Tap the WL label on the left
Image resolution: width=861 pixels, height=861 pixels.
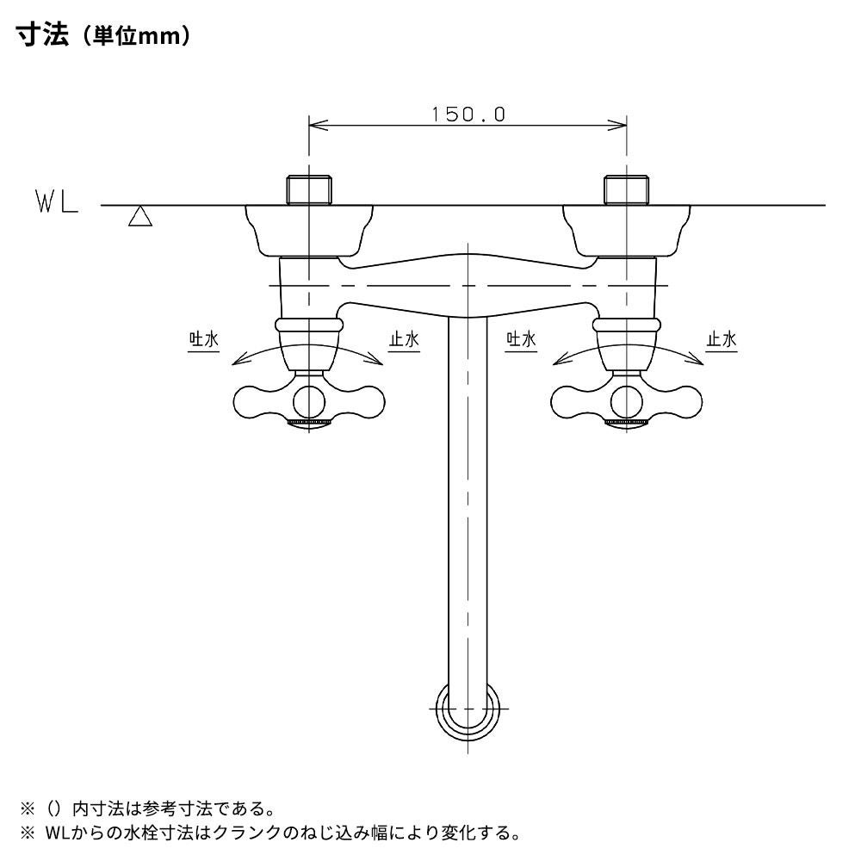click(x=57, y=204)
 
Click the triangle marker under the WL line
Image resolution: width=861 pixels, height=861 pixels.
click(x=139, y=217)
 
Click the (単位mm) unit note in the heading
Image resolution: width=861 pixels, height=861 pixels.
click(x=132, y=39)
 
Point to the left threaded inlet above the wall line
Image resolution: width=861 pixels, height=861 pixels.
click(x=309, y=189)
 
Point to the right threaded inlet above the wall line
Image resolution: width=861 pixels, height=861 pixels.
click(x=627, y=189)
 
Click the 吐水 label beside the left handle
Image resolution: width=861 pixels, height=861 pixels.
click(x=204, y=339)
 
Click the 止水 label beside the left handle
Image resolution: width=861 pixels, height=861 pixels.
click(x=403, y=339)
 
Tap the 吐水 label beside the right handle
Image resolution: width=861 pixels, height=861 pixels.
click(x=521, y=339)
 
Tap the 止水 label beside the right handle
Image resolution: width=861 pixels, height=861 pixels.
click(x=721, y=339)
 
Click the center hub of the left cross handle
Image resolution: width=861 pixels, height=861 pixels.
click(x=309, y=401)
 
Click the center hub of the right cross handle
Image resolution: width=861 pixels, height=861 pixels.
click(x=627, y=401)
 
